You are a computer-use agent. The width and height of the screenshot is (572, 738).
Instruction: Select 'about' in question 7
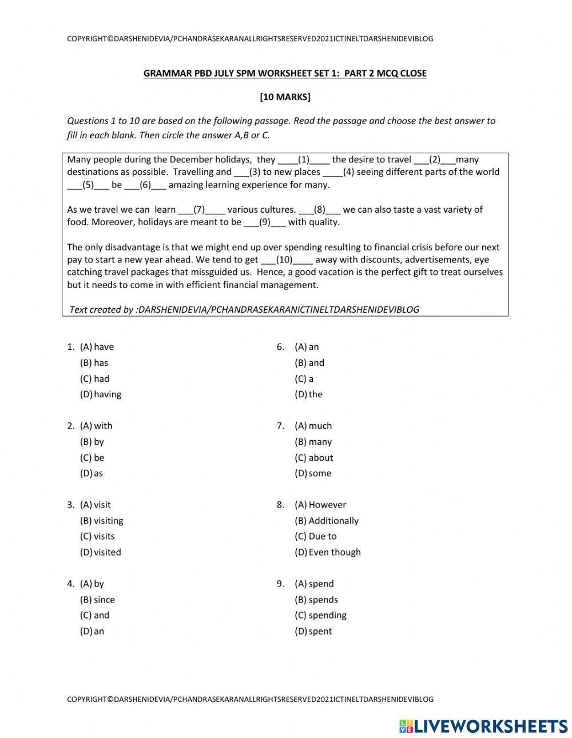[x=320, y=457]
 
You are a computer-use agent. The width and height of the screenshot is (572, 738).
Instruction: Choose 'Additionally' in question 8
[x=333, y=520]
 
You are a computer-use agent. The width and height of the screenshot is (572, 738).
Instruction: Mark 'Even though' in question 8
[x=334, y=552]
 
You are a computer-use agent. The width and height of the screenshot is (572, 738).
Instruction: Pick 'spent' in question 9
[x=320, y=631]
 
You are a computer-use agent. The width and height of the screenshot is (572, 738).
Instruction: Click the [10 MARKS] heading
[x=285, y=97]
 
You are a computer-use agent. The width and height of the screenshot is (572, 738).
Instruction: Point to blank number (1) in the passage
[x=303, y=159]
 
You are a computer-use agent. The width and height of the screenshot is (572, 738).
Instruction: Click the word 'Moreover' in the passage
[x=112, y=222]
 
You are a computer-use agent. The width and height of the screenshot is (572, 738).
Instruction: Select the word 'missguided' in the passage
[x=231, y=272]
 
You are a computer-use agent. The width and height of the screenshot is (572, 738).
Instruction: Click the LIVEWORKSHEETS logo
[x=483, y=725]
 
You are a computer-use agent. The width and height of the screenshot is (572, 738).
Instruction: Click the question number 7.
[x=280, y=425]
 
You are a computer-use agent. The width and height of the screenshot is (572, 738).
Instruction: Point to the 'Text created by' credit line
[x=244, y=309]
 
